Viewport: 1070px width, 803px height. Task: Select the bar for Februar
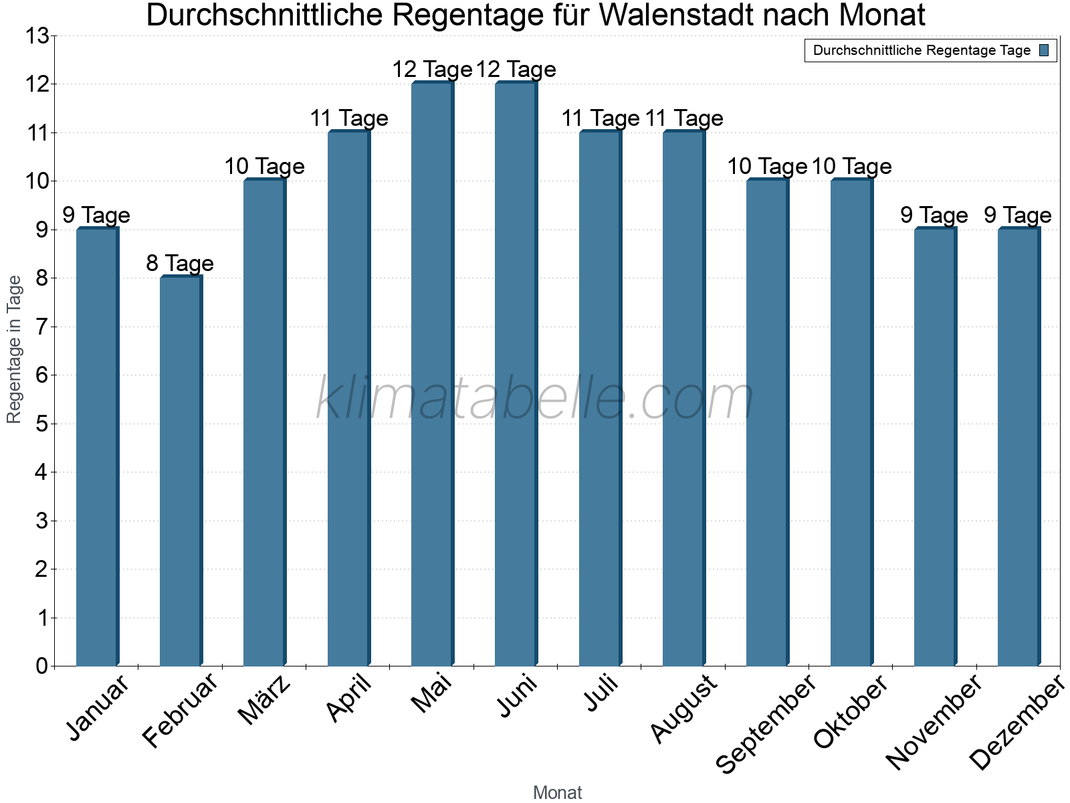tap(181, 471)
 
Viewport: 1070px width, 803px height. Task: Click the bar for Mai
tap(432, 375)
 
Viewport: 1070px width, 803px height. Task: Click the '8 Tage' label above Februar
tap(180, 264)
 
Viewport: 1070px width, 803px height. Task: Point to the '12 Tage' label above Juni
tap(516, 70)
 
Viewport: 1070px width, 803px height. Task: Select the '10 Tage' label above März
tap(264, 167)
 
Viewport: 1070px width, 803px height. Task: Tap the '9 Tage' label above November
tap(934, 215)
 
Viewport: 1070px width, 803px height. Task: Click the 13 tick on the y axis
tap(38, 36)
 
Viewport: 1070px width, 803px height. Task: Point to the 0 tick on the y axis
tap(42, 666)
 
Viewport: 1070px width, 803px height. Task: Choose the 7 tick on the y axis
tap(42, 327)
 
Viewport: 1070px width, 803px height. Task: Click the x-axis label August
tap(683, 708)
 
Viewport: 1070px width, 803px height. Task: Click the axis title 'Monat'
tap(557, 793)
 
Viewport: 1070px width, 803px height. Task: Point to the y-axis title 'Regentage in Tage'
tap(15, 349)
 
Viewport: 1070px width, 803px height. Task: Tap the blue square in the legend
tap(1045, 50)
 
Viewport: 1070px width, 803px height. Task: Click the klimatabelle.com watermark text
tap(535, 399)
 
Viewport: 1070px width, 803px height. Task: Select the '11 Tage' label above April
tap(348, 118)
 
